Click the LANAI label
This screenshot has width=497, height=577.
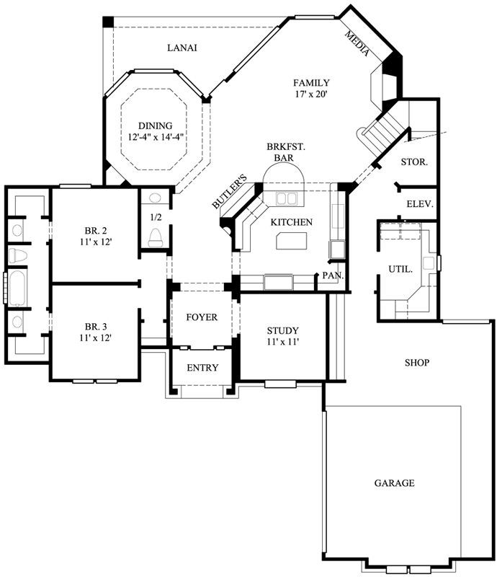(x=182, y=48)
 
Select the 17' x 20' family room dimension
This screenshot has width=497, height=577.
(x=311, y=94)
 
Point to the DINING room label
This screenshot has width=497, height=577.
(x=156, y=125)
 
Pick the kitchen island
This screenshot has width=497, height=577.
(x=291, y=240)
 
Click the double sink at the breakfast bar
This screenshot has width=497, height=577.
(x=286, y=198)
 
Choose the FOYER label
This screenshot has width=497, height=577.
(x=202, y=317)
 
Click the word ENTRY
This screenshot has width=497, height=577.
(x=202, y=368)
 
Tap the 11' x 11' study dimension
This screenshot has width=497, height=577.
(x=282, y=342)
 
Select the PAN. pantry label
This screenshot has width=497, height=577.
(x=332, y=276)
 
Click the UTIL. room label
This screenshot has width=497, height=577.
(x=400, y=269)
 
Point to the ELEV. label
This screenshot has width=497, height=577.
(x=419, y=204)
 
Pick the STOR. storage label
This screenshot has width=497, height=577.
(x=415, y=162)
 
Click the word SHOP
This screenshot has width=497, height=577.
(x=416, y=363)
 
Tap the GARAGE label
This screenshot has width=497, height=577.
(x=394, y=483)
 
